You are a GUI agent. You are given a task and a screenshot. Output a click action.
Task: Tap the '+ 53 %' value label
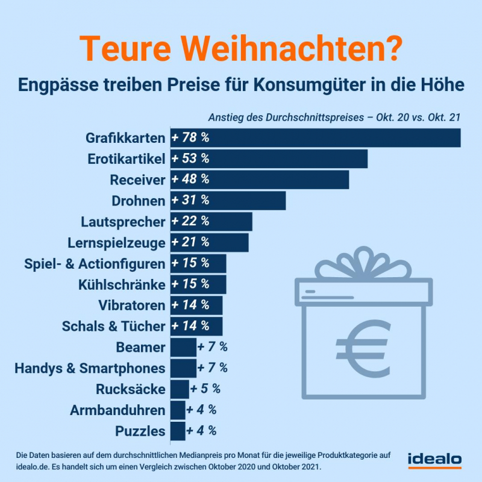click(x=190, y=158)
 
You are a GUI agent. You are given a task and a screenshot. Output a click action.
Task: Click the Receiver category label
click(x=137, y=180)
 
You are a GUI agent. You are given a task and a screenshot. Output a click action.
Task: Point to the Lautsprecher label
click(x=122, y=222)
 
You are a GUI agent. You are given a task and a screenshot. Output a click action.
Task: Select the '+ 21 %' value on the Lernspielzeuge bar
click(x=190, y=242)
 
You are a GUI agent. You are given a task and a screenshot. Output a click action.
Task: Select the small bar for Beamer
click(x=183, y=347)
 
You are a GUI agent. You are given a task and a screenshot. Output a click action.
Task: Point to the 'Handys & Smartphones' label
click(x=90, y=368)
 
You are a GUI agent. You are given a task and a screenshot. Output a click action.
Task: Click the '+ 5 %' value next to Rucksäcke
click(x=205, y=389)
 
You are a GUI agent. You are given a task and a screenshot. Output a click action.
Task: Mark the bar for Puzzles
click(x=178, y=431)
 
